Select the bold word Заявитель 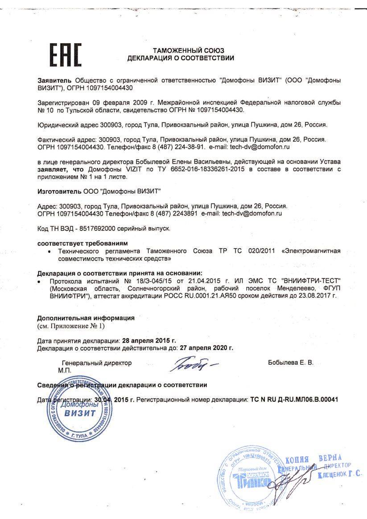click(x=55, y=81)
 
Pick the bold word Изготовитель click(x=59, y=192)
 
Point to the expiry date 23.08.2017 click(x=318, y=295)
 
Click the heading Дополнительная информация click(x=86, y=318)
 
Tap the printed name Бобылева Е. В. click(x=291, y=363)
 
